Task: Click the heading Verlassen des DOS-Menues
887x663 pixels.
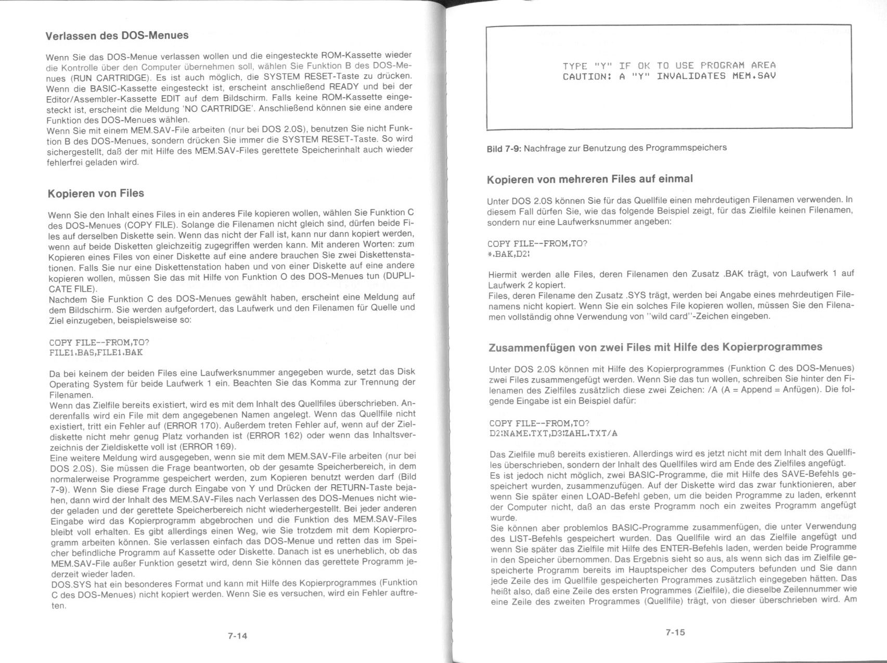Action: click(x=117, y=36)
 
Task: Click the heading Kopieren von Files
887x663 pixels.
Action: click(x=96, y=193)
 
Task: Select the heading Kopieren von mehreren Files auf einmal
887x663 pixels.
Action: click(x=590, y=179)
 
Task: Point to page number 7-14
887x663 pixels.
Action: click(x=237, y=635)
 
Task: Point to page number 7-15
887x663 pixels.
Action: click(x=675, y=632)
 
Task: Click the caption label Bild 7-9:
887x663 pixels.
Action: click(x=504, y=148)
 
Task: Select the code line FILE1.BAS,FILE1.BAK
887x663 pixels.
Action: click(x=96, y=353)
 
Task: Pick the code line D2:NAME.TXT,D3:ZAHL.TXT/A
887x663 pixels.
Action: click(x=554, y=433)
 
